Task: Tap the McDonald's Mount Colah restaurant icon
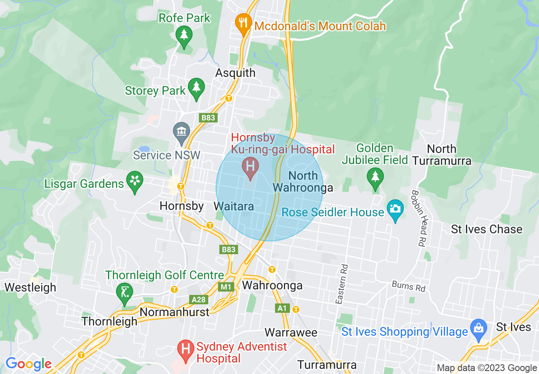[x=243, y=23]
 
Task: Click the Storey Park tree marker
[x=196, y=88]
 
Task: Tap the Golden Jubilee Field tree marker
[x=375, y=177]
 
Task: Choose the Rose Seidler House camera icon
[x=395, y=210]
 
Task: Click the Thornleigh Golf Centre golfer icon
[x=124, y=293]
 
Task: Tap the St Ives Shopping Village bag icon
[x=479, y=329]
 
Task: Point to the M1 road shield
[x=226, y=287]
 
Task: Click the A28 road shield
[x=199, y=300]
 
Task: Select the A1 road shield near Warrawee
[x=281, y=308]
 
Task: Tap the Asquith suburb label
[x=235, y=73]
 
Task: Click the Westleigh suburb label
[x=30, y=287]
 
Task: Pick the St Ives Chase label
[x=486, y=229]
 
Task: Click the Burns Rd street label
[x=409, y=286]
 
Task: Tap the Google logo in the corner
[x=28, y=364]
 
